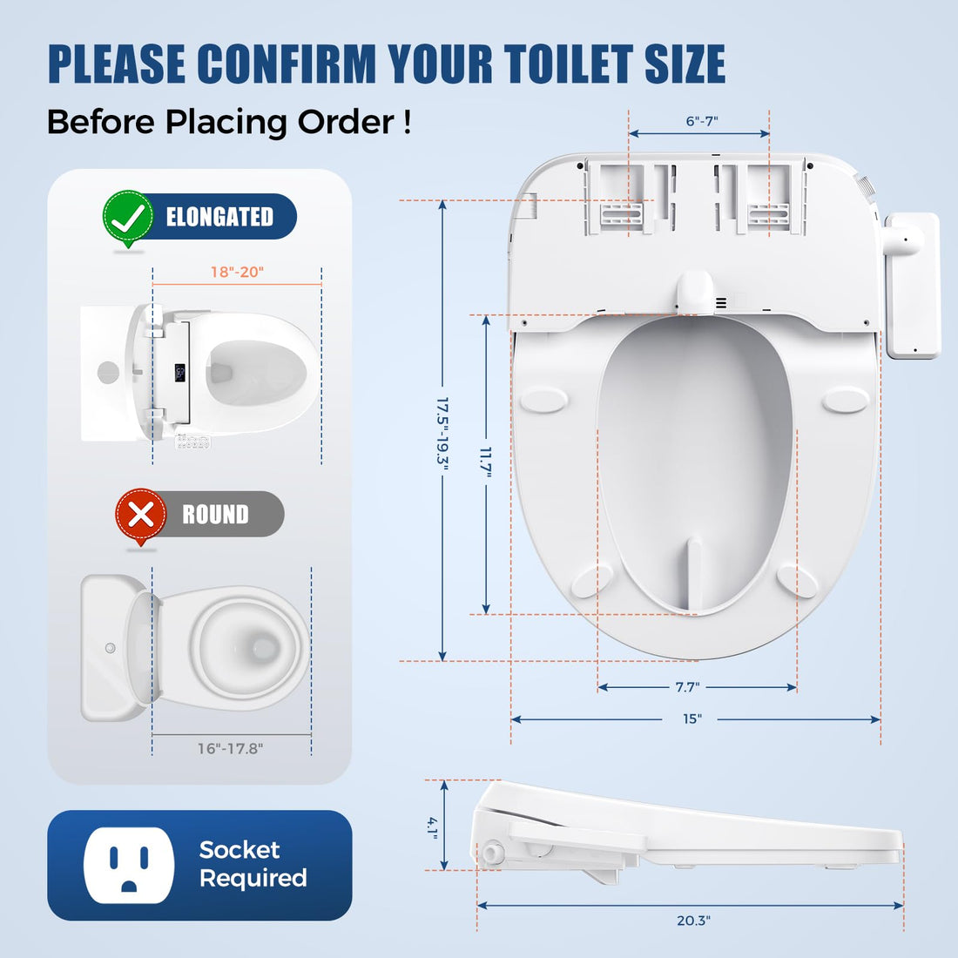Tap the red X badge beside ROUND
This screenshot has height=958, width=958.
[140, 515]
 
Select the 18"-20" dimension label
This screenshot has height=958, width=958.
[237, 272]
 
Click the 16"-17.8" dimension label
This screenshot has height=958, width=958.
[230, 748]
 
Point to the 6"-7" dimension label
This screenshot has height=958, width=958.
[702, 121]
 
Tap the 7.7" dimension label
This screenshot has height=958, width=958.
[687, 687]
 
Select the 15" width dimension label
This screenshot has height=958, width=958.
[692, 719]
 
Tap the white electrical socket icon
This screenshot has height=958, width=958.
[129, 865]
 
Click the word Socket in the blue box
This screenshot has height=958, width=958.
[239, 849]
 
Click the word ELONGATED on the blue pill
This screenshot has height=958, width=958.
[219, 217]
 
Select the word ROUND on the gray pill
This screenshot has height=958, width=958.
[215, 515]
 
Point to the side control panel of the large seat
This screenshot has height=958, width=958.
[913, 286]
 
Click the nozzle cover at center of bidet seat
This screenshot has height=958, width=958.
[695, 290]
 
